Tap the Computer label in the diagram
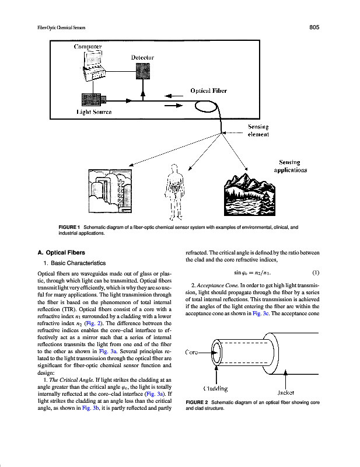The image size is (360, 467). pos(88,46)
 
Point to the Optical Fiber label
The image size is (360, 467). pos(209,90)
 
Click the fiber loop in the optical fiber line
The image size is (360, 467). pos(206,106)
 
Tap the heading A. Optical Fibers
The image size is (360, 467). pos(62,253)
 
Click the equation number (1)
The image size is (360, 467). pos(316,273)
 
